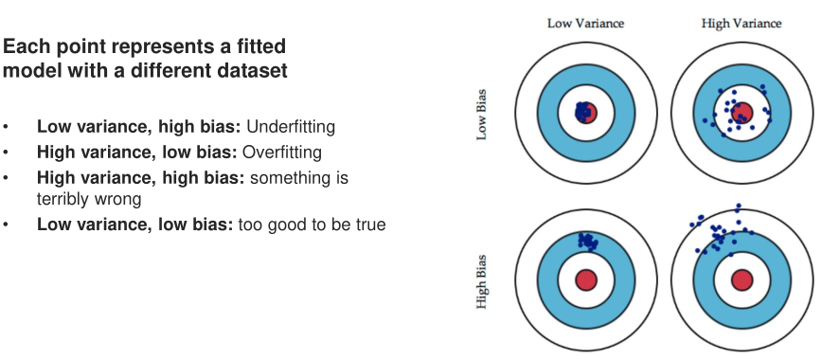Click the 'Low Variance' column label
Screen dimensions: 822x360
[585, 24]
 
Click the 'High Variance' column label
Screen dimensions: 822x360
[742, 24]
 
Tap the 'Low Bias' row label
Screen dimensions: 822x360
[481, 115]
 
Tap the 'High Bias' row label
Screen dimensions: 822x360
[481, 281]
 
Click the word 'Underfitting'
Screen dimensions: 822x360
[291, 127]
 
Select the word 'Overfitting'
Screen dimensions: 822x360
[282, 153]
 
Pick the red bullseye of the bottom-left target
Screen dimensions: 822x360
[586, 279]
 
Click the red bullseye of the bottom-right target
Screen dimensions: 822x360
[742, 279]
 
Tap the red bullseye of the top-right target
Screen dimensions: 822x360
[742, 113]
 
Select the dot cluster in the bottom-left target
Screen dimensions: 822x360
[588, 241]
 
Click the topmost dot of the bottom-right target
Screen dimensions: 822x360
[739, 206]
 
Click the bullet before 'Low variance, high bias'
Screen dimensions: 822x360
[6, 127]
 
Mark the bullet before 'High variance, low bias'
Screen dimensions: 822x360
[6, 153]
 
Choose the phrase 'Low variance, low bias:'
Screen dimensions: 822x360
[134, 225]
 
